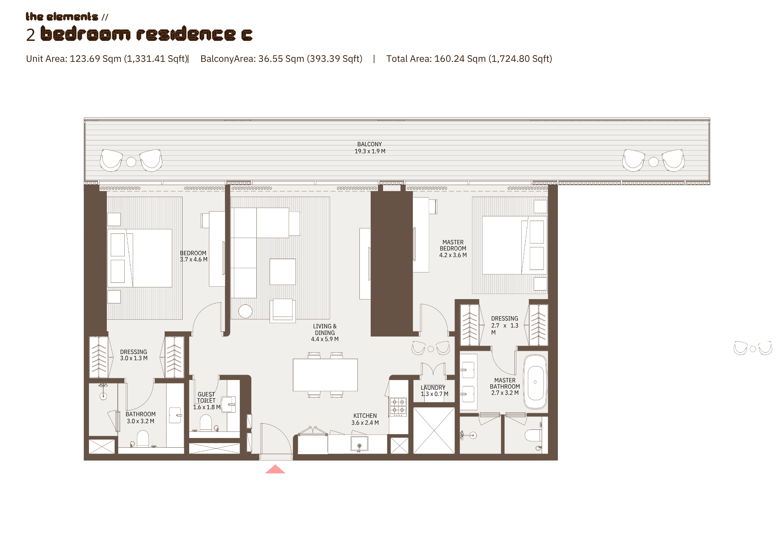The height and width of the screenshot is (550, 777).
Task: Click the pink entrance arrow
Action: coord(275,469)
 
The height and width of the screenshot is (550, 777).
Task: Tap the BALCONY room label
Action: coord(370,148)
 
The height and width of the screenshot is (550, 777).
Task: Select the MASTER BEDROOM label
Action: coord(453,249)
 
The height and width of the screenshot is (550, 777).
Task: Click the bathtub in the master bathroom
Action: coord(535,382)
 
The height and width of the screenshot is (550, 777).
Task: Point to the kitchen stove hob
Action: coord(398,406)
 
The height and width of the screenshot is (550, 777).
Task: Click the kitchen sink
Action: coord(359,444)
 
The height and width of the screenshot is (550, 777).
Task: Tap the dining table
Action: coord(325,375)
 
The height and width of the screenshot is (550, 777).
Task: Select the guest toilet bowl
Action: coord(206,423)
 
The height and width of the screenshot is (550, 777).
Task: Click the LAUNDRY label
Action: coord(433,388)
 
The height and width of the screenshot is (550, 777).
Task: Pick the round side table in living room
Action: coord(245,311)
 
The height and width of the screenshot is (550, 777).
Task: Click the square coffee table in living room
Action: coord(282,271)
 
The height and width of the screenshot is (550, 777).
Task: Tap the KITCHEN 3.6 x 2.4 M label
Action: coord(365,419)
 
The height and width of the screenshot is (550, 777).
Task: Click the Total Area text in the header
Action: coord(469,59)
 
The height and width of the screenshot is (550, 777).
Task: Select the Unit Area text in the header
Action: coord(107,59)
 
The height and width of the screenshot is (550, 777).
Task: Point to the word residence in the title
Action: coord(186,34)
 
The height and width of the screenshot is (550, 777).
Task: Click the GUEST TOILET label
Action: coord(206,398)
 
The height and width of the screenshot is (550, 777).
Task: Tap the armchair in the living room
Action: coord(282,310)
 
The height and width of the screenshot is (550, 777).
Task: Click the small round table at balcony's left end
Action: coord(131,162)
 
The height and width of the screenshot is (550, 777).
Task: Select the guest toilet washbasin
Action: coord(229,405)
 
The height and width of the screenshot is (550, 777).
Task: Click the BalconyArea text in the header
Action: coord(281,59)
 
